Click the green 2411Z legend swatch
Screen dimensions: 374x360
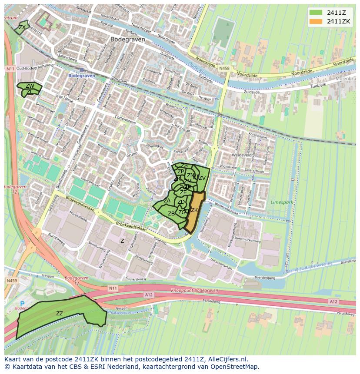315,13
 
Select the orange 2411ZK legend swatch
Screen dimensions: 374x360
315,21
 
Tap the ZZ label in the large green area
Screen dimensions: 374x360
60,313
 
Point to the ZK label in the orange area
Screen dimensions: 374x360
194,210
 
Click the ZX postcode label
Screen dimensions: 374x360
22,27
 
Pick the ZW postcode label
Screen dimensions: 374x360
30,86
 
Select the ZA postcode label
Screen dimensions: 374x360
167,201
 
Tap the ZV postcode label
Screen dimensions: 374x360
202,178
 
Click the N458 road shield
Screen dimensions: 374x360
224,68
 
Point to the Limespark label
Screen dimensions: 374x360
281,202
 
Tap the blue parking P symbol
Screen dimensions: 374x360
22,303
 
